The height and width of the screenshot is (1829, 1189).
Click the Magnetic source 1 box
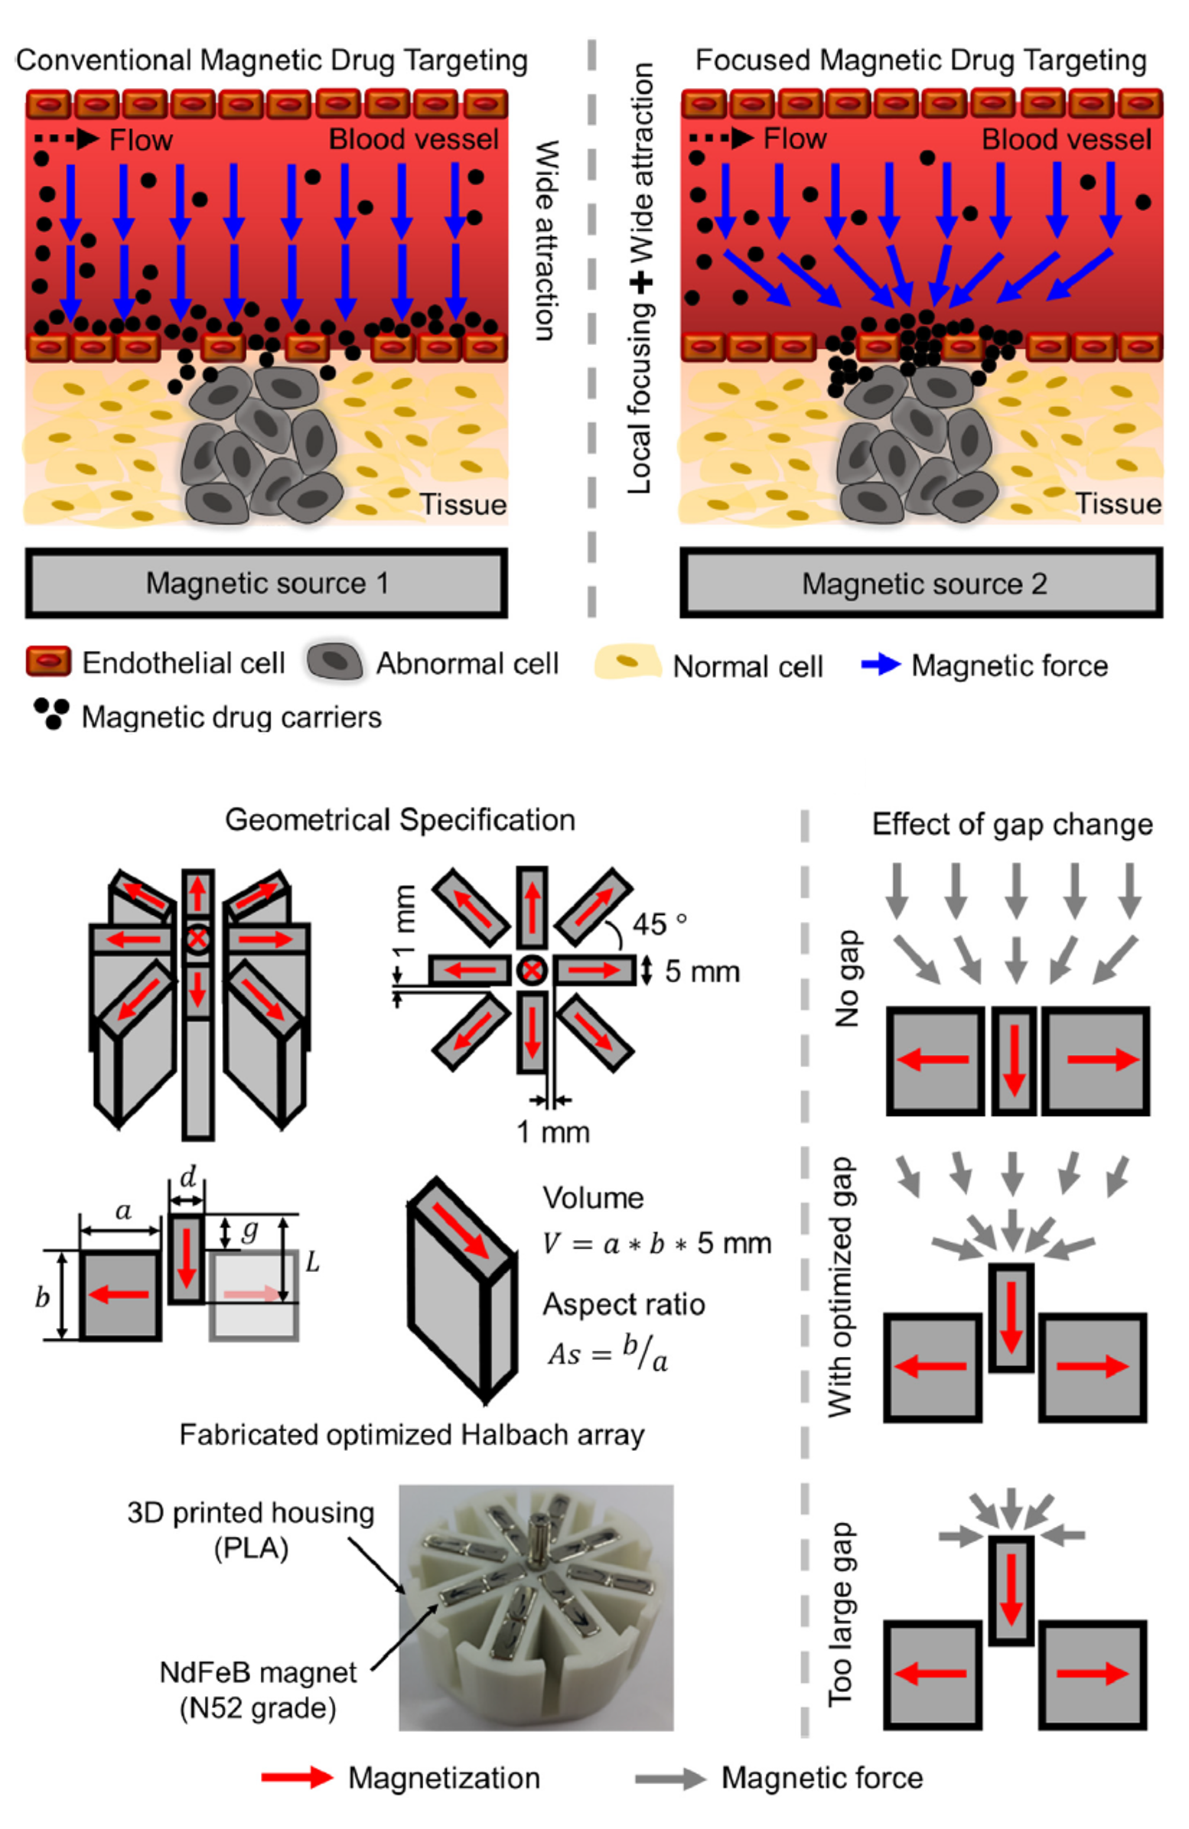pos(266,584)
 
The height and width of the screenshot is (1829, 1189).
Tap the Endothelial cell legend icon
pos(48,661)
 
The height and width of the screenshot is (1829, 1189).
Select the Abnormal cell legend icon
pos(334,662)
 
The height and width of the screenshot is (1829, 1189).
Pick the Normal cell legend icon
pos(627,662)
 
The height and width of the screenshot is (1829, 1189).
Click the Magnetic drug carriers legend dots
pos(51,713)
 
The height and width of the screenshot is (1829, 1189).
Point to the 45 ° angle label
pos(659,925)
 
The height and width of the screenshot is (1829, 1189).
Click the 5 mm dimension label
pos(702,972)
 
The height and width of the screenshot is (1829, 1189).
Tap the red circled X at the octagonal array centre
pos(530,971)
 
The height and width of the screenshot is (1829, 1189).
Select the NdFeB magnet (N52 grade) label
pos(258,1690)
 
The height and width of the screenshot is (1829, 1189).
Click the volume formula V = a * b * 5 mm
pos(656,1243)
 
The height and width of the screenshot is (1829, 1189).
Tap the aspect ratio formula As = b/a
pos(608,1353)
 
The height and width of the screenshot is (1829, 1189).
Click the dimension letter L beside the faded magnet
pos(312,1262)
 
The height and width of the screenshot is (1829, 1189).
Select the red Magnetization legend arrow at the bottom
pos(297,1778)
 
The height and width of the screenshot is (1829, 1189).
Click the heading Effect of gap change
pos(1011,825)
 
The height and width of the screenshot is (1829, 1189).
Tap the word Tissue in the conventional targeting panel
pos(463,504)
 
